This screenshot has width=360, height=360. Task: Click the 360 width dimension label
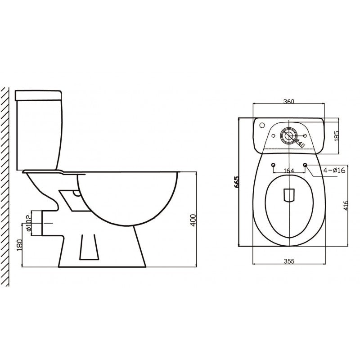289,101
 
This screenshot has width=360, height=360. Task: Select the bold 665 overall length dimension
235,181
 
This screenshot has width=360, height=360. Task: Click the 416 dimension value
345,206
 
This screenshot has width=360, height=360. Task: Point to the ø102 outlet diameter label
28,223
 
